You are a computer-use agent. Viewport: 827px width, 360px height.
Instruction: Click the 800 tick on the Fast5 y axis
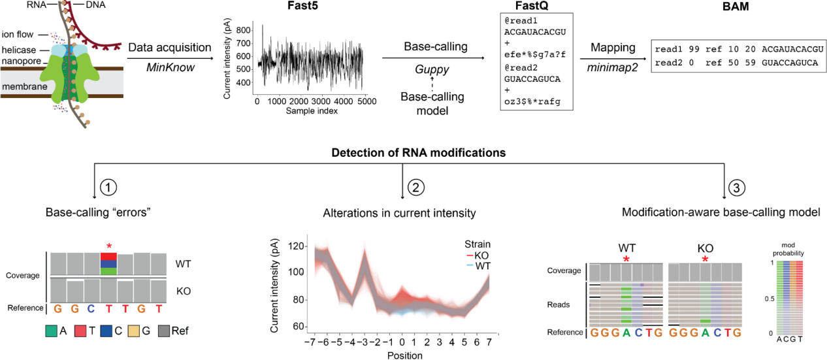(x=246, y=30)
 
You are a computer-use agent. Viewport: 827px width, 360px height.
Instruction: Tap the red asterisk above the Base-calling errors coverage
(x=109, y=246)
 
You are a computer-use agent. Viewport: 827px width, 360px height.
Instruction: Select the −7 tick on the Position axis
(x=314, y=343)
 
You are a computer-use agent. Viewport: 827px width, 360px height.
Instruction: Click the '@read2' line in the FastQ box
(x=518, y=66)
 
